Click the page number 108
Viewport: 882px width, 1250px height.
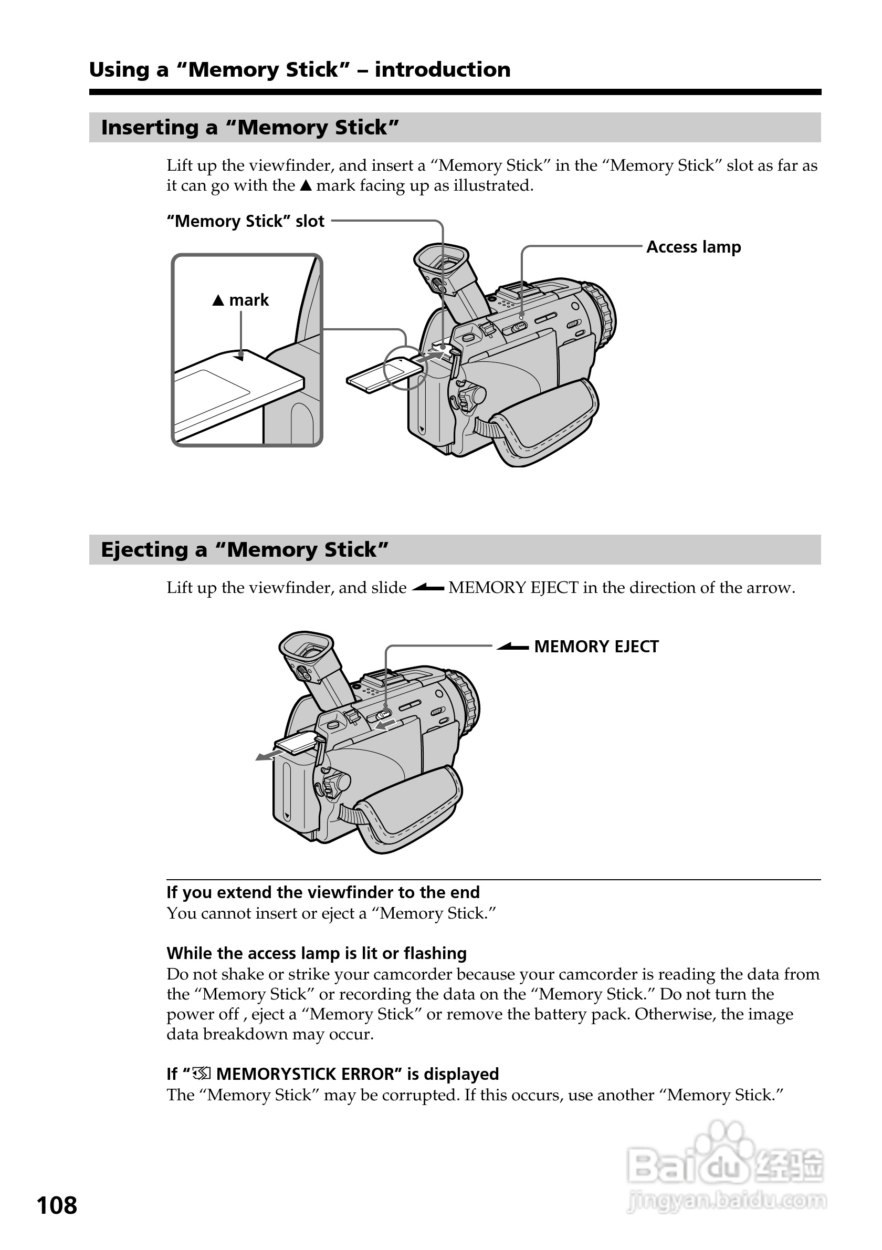(57, 1205)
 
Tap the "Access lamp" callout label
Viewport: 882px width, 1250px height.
(693, 247)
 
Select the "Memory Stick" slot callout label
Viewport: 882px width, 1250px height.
(245, 222)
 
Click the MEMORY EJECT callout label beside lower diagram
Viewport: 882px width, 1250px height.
(596, 646)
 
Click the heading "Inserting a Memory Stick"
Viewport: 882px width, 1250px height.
(250, 128)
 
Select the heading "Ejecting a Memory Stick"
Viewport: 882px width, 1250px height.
(244, 550)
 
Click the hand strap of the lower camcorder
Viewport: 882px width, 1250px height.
(408, 809)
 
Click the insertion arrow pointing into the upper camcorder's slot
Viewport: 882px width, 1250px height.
(430, 356)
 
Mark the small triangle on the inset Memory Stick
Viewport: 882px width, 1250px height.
(238, 357)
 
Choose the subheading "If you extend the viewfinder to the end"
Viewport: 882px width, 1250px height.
(323, 892)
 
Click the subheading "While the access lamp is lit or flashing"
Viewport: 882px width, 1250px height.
(316, 953)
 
